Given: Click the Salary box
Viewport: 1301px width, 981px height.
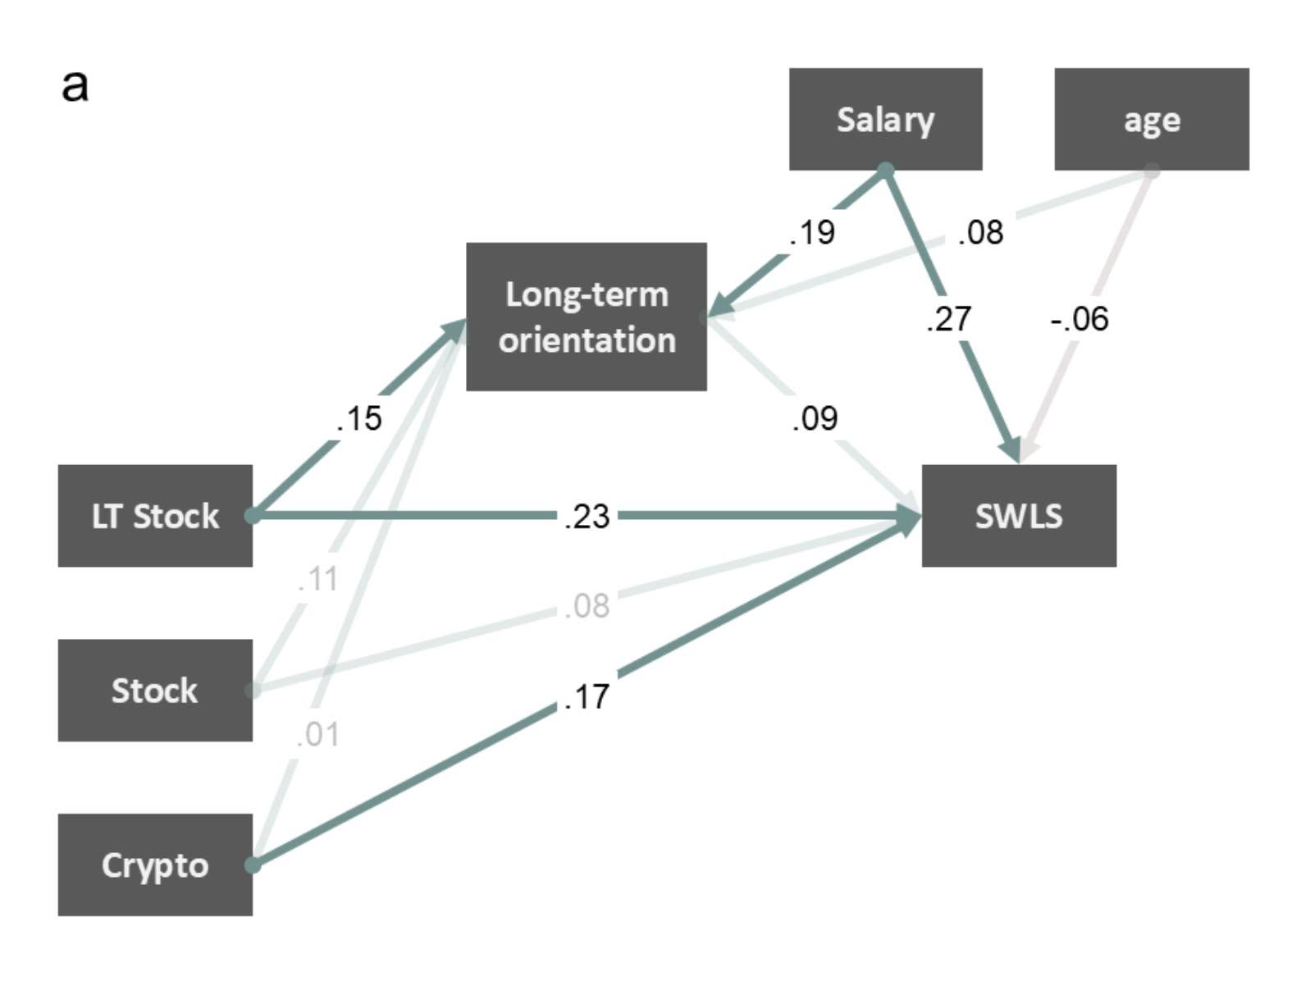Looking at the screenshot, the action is (x=885, y=118).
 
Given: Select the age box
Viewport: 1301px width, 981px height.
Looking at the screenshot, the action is (x=1151, y=118).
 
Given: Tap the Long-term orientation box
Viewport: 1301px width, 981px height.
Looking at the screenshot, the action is (x=587, y=317).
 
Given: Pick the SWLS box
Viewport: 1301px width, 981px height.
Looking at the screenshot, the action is (x=1018, y=515).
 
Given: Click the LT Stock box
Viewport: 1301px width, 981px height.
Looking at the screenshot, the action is (x=155, y=515).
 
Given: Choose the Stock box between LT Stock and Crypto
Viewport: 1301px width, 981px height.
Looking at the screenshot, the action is (x=155, y=690).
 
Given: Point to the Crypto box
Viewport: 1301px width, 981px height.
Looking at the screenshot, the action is (x=155, y=865).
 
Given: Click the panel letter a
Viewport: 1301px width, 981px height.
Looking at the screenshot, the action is (x=75, y=86).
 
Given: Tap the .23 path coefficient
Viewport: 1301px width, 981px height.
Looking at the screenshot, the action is (x=586, y=516).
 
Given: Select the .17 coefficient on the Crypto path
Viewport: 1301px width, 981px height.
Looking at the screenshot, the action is (x=586, y=696).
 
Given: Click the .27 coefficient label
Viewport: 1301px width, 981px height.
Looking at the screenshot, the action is (x=948, y=319).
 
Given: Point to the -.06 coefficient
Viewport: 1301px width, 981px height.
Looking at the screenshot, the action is (x=1079, y=319).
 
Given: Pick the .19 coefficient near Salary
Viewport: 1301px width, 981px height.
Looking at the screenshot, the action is (x=812, y=231).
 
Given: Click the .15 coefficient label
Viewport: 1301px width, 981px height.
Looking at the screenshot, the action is (x=358, y=418).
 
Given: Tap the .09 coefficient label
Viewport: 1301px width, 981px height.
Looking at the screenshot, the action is (x=815, y=418).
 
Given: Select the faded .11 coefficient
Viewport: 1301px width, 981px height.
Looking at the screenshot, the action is (x=317, y=578).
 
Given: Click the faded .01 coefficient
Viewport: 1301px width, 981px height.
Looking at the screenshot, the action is (x=317, y=734).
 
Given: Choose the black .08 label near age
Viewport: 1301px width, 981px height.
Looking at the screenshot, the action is (x=980, y=231).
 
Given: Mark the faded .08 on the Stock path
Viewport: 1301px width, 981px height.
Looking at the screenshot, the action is (x=586, y=605).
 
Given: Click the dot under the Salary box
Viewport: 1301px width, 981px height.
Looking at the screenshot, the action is (x=885, y=171).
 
